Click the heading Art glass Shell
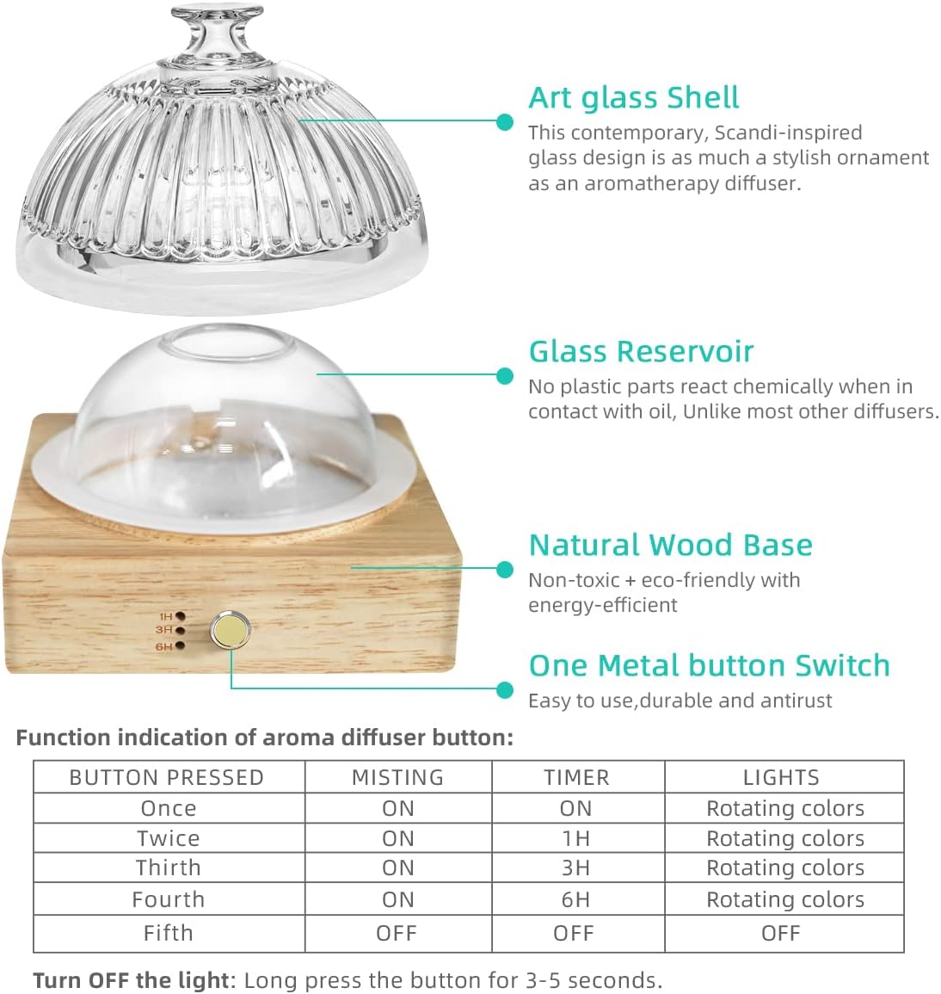(634, 98)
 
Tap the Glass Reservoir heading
(641, 351)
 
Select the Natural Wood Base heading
(670, 545)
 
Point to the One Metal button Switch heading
(709, 665)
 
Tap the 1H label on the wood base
(166, 617)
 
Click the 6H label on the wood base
(164, 646)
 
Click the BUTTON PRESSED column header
(167, 777)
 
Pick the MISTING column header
(397, 777)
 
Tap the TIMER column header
(576, 777)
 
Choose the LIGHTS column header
(781, 777)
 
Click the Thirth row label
(169, 867)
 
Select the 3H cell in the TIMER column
(575, 867)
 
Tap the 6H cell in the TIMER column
(575, 899)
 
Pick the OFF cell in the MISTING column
(397, 933)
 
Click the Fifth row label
(169, 933)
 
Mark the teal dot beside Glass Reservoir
(505, 375)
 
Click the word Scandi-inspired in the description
(788, 133)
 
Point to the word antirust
(795, 701)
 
